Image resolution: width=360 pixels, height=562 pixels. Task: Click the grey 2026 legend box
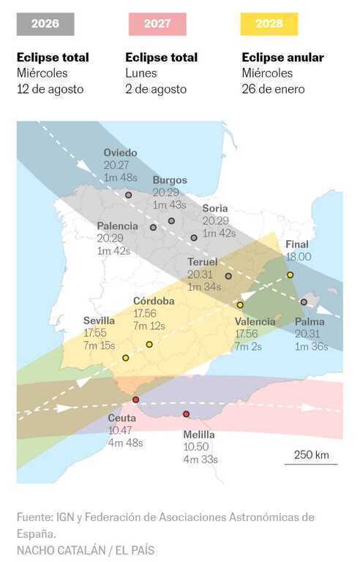click(45, 24)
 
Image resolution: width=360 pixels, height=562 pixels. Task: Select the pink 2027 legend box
click(157, 24)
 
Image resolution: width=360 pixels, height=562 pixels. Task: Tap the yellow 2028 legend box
click(269, 24)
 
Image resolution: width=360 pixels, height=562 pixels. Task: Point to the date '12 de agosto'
click(50, 89)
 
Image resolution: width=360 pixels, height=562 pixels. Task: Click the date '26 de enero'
click(274, 89)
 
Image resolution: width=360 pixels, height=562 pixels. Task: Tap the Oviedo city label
click(120, 153)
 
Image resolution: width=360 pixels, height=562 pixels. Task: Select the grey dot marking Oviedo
click(129, 195)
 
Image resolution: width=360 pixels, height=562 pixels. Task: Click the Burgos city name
click(170, 180)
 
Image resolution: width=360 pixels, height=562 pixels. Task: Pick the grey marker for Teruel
click(228, 277)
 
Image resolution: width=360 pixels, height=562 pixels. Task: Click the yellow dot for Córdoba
click(149, 344)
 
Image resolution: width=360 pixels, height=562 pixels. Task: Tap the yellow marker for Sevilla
click(125, 358)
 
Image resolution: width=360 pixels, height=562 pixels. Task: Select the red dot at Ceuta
click(135, 400)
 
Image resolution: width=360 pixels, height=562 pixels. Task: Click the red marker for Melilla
click(186, 414)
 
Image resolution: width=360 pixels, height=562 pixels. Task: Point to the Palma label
click(310, 322)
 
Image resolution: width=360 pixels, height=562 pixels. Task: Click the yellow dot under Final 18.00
click(290, 275)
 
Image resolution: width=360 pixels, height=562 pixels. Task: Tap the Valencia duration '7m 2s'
click(249, 346)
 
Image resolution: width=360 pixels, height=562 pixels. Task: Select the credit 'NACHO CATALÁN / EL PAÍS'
click(86, 550)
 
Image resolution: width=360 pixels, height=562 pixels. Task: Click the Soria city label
click(215, 209)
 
